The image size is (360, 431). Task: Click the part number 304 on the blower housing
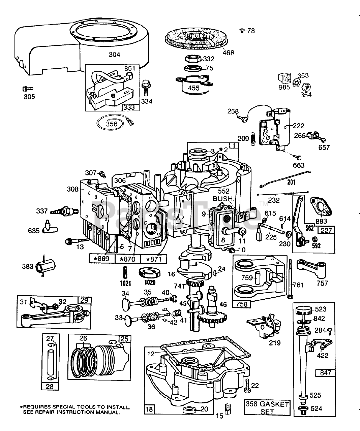[x=114, y=54]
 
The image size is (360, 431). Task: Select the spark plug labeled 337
[x=64, y=212]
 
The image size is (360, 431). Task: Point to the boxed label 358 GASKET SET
[x=267, y=407]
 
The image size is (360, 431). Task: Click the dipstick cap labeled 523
[x=302, y=310]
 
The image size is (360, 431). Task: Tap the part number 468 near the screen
[x=228, y=53]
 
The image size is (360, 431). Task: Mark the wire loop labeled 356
[x=111, y=124]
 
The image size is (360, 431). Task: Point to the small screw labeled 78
[x=242, y=31]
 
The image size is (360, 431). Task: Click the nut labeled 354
[x=305, y=87]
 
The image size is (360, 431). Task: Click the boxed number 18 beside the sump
[x=149, y=409]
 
